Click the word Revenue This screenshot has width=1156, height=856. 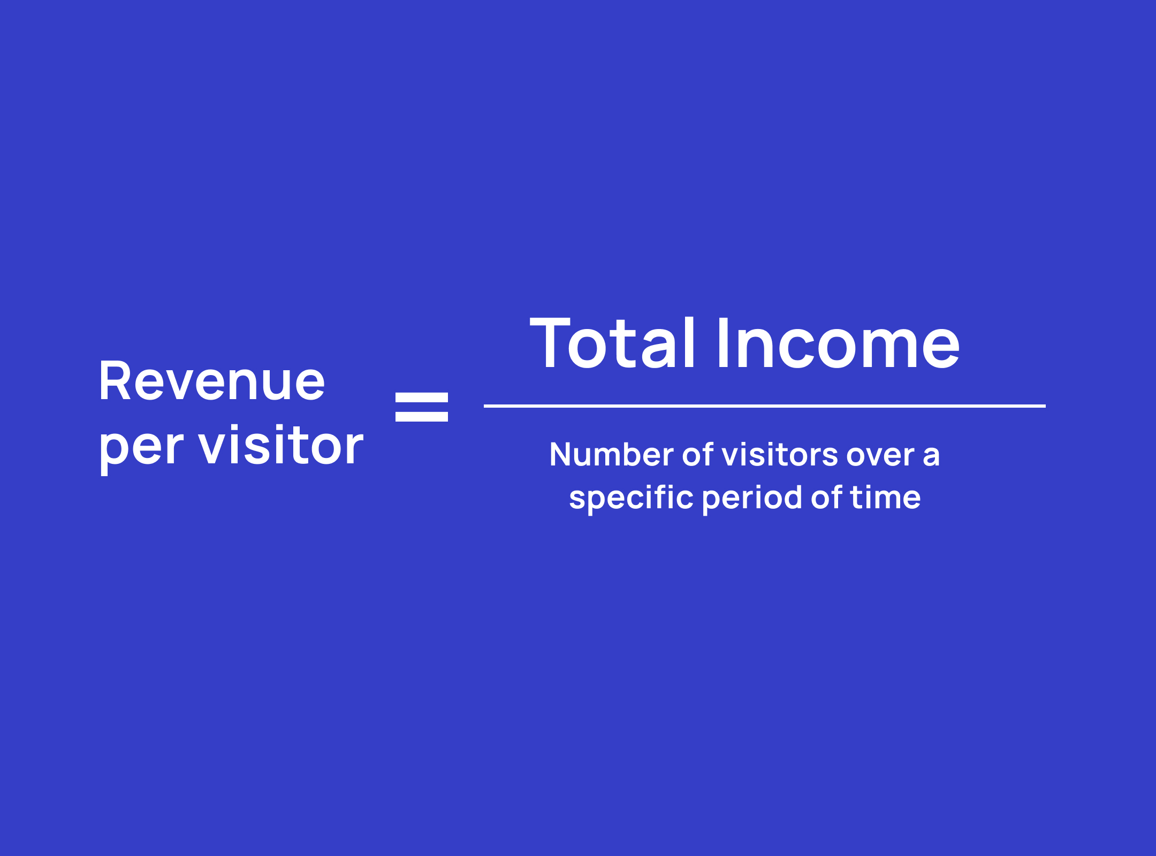pyautogui.click(x=212, y=381)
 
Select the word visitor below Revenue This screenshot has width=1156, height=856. pyautogui.click(x=281, y=444)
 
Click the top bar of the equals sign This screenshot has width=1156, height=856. pyautogui.click(x=422, y=397)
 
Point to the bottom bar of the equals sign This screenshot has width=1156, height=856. pyautogui.click(x=422, y=417)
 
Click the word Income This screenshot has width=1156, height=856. pyautogui.click(x=839, y=342)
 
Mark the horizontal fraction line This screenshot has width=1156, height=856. pyautogui.click(x=765, y=406)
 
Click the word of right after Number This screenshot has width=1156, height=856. pyautogui.click(x=698, y=454)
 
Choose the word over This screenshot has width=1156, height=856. pyautogui.click(x=880, y=456)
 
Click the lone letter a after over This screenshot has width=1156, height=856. pyautogui.click(x=931, y=456)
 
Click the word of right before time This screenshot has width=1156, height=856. pyautogui.click(x=826, y=497)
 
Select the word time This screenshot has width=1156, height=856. pyautogui.click(x=885, y=498)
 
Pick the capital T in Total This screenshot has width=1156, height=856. pyautogui.click(x=551, y=342)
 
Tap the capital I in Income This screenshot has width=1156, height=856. pyautogui.click(x=723, y=342)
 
